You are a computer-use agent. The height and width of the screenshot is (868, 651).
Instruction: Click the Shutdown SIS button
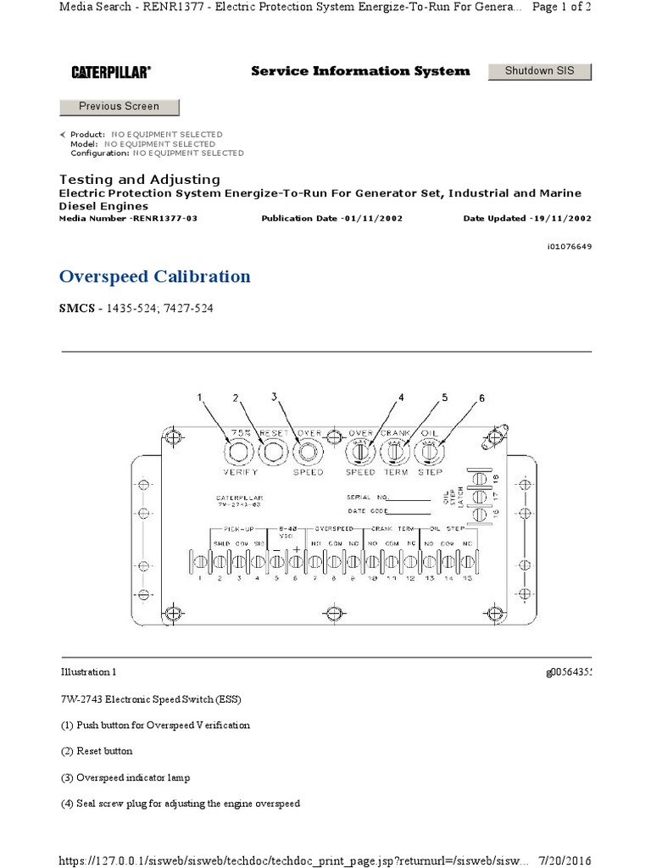click(540, 71)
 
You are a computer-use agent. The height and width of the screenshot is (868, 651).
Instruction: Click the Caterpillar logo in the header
click(111, 73)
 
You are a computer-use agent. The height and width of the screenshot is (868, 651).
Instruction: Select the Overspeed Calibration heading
click(155, 276)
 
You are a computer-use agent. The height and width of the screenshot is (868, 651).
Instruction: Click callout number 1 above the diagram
click(201, 397)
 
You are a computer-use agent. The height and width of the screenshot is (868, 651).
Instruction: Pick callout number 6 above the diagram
click(482, 398)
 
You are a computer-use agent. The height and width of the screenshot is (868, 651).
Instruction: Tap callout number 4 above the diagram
click(401, 397)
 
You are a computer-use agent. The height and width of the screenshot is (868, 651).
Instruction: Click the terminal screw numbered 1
click(201, 561)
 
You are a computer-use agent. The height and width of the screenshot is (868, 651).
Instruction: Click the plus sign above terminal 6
click(296, 548)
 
